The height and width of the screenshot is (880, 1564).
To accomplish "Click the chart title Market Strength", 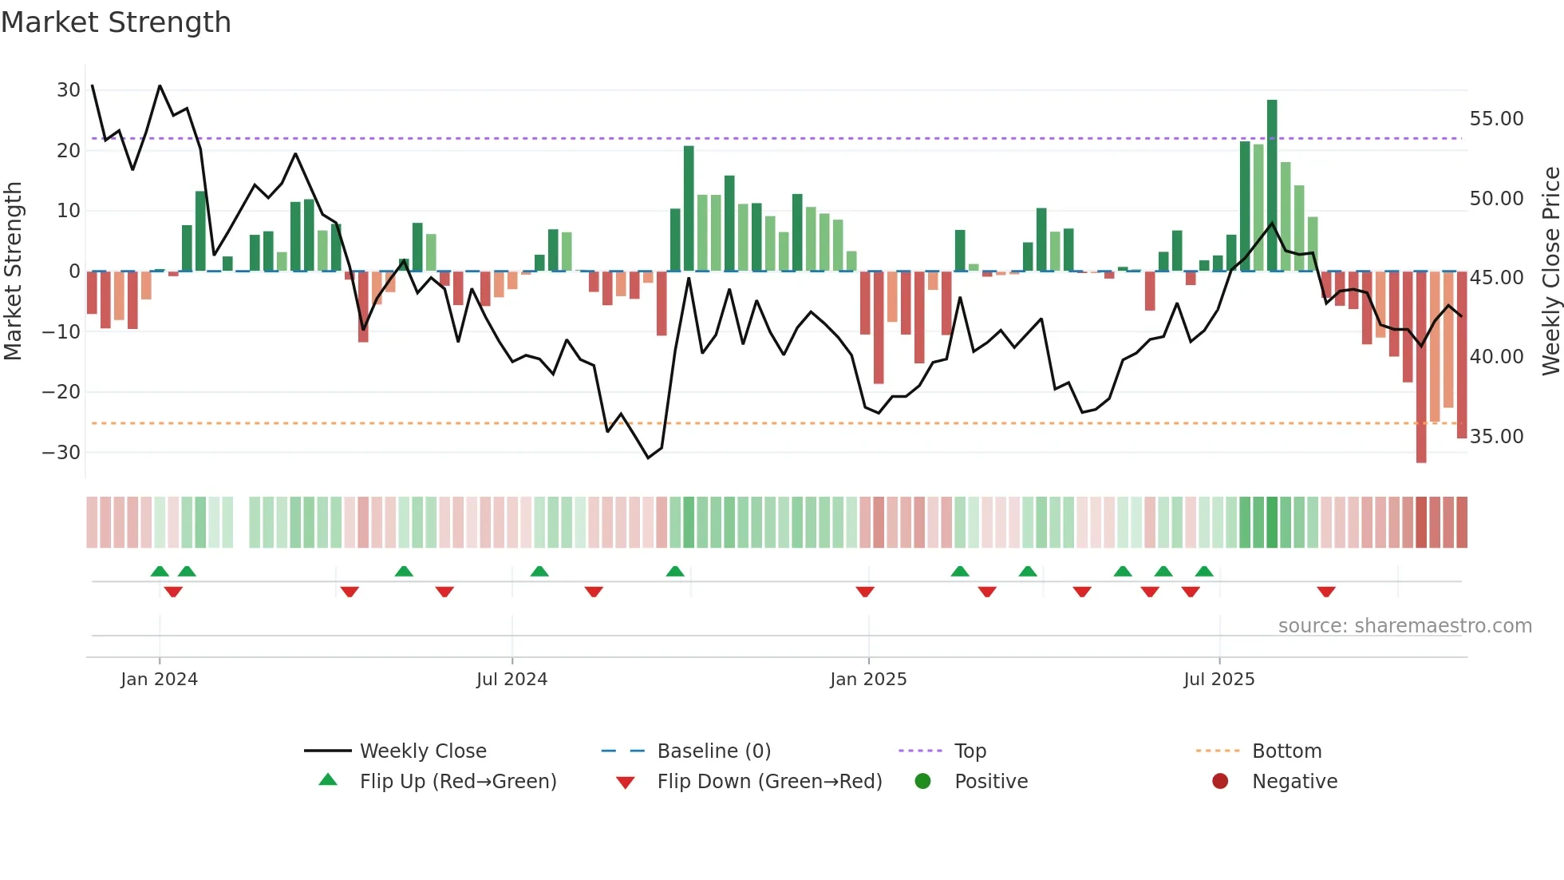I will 116,22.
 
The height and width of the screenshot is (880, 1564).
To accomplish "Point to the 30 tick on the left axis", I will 69,90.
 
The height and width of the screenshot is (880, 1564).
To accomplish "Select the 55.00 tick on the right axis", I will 1496,119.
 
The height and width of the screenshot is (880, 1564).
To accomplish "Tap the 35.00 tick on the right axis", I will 1496,437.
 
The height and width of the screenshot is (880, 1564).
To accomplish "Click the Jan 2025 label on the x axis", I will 868,680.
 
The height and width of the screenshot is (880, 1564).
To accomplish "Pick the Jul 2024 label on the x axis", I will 511,680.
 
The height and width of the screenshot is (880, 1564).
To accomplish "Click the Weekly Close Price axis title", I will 1550,272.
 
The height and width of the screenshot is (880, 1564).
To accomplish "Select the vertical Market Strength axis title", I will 13,272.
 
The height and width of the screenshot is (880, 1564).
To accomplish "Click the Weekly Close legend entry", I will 423,751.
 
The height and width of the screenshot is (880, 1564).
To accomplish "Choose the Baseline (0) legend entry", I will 713,751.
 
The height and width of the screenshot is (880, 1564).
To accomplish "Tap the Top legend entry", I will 970,751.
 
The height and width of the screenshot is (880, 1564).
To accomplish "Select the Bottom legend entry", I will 1286,751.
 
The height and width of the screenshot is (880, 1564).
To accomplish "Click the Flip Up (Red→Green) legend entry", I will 457,782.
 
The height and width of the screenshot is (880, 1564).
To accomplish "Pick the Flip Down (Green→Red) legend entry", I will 769,782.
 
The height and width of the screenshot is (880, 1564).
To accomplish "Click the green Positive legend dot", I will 922,782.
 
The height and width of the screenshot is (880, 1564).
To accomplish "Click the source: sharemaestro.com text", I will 1404,626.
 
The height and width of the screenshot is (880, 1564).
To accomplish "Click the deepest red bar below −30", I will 1421,367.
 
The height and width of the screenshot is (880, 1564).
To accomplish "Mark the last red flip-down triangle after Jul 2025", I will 1326,592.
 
